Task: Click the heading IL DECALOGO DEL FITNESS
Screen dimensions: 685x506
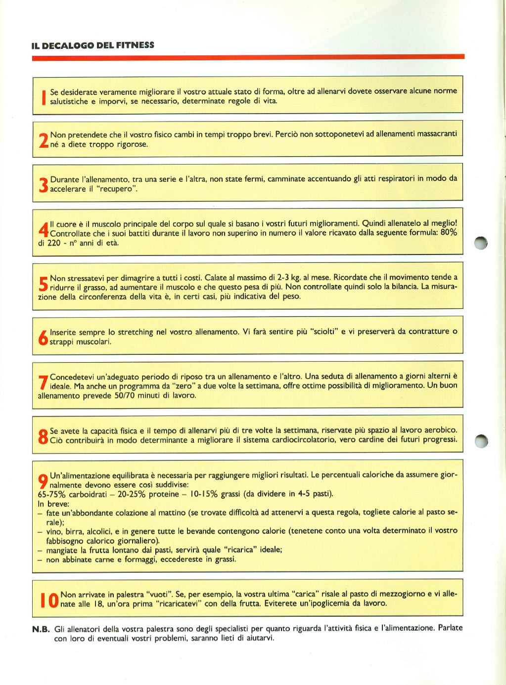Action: click(x=93, y=45)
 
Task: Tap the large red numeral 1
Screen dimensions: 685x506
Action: click(x=44, y=97)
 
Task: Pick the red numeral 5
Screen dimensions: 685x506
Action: click(x=43, y=283)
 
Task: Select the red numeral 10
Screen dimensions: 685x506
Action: click(x=48, y=599)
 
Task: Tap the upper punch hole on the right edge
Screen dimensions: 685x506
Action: click(x=480, y=243)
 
